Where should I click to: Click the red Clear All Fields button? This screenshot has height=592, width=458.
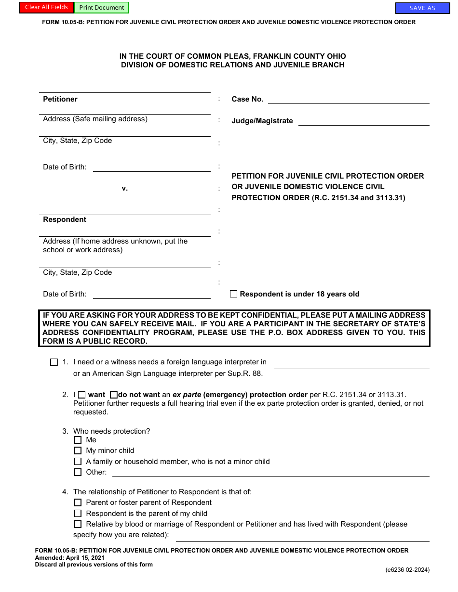(x=47, y=7)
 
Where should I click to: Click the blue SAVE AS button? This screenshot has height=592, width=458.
(x=422, y=8)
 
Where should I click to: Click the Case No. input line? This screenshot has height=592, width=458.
(x=348, y=99)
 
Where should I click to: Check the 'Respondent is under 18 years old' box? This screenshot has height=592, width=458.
(x=234, y=294)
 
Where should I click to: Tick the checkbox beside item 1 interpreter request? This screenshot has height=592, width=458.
(x=54, y=362)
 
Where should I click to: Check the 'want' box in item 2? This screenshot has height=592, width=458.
(x=82, y=395)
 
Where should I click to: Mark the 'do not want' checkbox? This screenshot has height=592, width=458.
(x=114, y=395)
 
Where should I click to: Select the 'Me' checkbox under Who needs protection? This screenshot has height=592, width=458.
(x=78, y=440)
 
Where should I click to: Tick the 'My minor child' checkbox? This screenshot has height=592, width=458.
(x=78, y=450)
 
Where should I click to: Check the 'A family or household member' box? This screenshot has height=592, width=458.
(x=78, y=462)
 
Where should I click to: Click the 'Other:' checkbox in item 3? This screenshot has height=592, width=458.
(x=78, y=472)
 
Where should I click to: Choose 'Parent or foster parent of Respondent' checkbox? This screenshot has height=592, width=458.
(x=78, y=502)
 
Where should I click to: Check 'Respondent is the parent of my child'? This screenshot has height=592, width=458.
(x=78, y=514)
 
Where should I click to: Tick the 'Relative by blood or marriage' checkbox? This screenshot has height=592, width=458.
(x=78, y=524)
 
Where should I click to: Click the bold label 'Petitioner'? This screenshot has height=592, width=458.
(x=60, y=99)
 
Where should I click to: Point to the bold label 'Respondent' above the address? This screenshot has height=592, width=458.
(x=65, y=219)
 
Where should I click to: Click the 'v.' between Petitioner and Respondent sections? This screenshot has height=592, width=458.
(x=124, y=188)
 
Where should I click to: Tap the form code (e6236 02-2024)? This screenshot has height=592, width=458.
(x=407, y=570)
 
